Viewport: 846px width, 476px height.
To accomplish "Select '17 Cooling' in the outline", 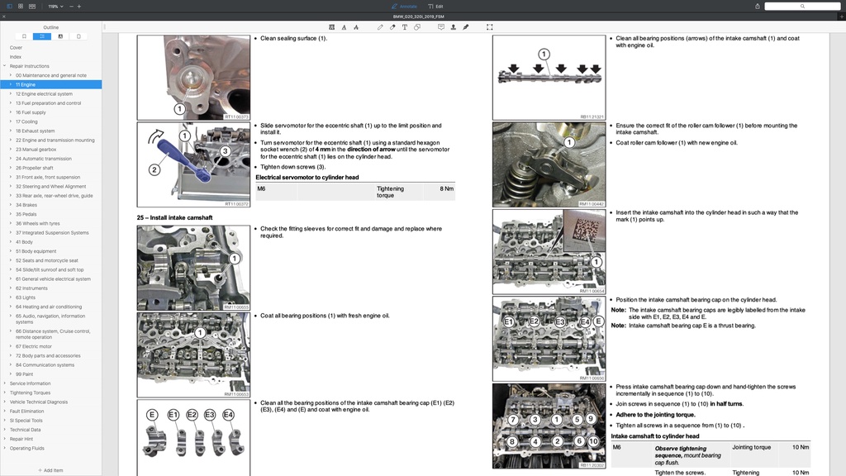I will click(28, 121).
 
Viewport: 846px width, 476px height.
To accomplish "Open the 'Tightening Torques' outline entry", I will click(30, 393).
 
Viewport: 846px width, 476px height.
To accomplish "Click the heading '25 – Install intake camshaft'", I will click(174, 217).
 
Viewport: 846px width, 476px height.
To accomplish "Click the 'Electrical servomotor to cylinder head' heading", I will click(307, 177).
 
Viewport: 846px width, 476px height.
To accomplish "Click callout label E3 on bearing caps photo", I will click(560, 321).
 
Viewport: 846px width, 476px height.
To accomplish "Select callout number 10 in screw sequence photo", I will click(593, 441).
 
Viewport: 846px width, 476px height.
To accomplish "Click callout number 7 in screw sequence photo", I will click(513, 420).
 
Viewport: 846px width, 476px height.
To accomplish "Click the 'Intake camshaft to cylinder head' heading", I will click(654, 436).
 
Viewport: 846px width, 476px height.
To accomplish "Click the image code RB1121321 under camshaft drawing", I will click(592, 117).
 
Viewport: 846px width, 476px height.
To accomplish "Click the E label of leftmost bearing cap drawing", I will click(152, 414).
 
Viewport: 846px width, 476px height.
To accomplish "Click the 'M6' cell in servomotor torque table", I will click(262, 188).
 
